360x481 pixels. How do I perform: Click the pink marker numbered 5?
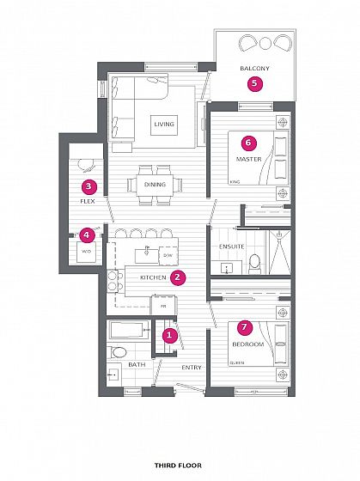(x=255, y=83)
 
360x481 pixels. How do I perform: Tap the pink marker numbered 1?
(x=169, y=335)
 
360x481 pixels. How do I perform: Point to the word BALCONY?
(x=254, y=68)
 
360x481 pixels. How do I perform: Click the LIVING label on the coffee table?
(x=164, y=125)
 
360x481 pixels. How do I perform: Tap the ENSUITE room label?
(x=232, y=247)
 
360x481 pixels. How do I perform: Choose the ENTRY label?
(x=192, y=368)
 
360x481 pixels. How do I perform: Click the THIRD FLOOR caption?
(x=178, y=466)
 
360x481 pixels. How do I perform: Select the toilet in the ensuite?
(x=254, y=264)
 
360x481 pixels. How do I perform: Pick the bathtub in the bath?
(x=129, y=330)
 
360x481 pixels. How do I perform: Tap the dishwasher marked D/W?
(x=168, y=256)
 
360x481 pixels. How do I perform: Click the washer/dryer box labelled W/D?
(x=87, y=251)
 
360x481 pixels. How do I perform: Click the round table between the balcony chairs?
(x=265, y=43)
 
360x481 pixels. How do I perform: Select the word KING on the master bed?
(x=235, y=182)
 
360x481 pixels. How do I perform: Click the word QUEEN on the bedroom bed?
(x=237, y=363)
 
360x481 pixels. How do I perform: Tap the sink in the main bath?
(x=114, y=374)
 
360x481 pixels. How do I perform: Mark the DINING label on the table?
(x=156, y=185)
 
